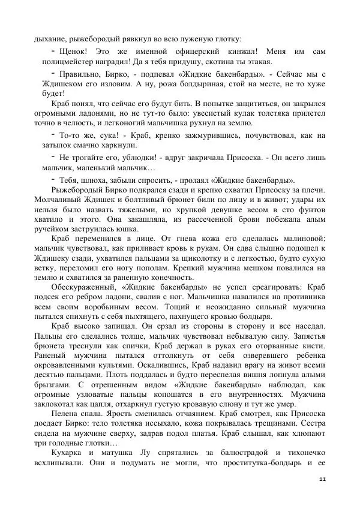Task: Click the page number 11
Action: coord(322,477)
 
